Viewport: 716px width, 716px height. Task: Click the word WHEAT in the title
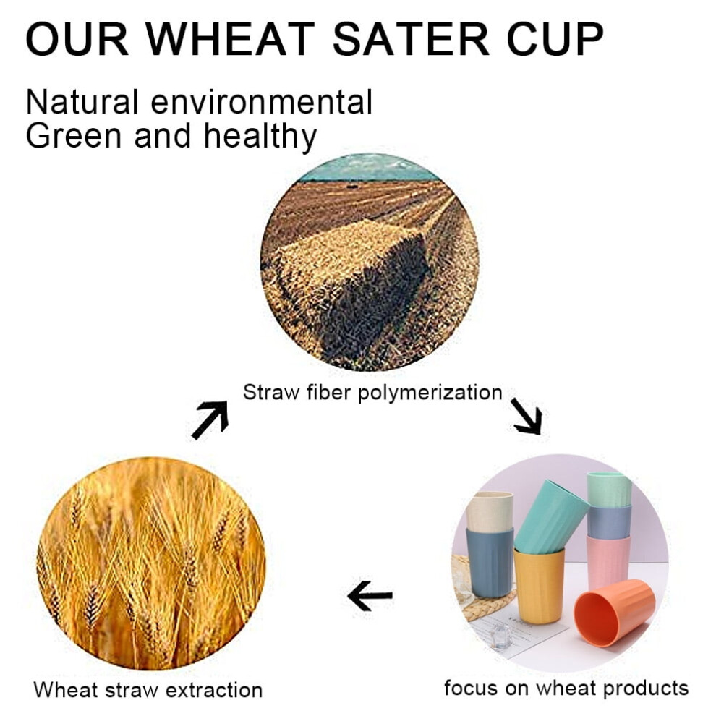tap(231, 39)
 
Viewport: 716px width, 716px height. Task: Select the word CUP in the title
tap(555, 39)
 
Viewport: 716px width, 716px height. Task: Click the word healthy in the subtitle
tap(260, 137)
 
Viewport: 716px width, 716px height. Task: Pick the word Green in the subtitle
tap(74, 136)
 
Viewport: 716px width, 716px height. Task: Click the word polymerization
tap(430, 393)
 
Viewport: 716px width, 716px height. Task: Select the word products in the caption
tap(645, 689)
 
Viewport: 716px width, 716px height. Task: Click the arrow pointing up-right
tap(210, 419)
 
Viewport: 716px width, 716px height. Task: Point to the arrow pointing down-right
tap(527, 416)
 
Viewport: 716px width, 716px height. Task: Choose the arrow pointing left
tap(370, 595)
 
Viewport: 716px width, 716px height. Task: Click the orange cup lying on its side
tap(613, 612)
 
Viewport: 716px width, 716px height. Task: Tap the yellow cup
tap(539, 585)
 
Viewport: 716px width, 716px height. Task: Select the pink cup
tap(608, 563)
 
